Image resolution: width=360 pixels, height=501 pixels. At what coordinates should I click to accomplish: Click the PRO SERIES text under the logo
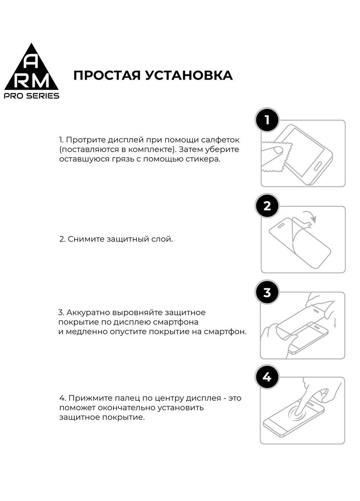pyautogui.click(x=32, y=96)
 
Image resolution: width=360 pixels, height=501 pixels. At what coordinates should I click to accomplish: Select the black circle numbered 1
pyautogui.click(x=267, y=120)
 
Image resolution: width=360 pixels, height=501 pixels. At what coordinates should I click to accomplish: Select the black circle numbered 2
pyautogui.click(x=267, y=206)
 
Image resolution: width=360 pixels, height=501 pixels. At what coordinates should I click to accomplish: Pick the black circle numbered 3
pyautogui.click(x=267, y=292)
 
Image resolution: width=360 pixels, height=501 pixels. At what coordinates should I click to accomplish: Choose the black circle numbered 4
pyautogui.click(x=267, y=378)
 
